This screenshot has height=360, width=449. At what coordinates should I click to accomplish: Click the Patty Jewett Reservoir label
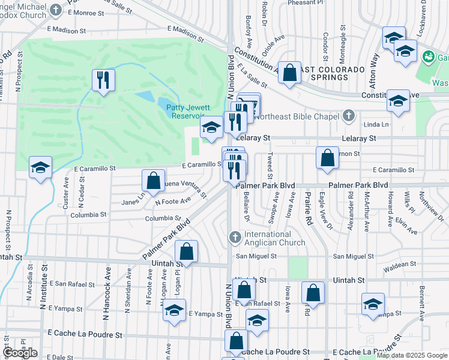(x=185, y=111)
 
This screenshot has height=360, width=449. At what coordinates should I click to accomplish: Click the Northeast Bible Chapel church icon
(x=348, y=116)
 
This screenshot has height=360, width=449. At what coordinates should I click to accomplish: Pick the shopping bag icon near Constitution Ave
(x=289, y=73)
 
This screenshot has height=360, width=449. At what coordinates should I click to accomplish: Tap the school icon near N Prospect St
(x=40, y=167)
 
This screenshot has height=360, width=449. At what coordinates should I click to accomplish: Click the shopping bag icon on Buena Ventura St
(x=154, y=181)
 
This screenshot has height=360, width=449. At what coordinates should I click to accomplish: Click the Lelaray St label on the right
(x=358, y=138)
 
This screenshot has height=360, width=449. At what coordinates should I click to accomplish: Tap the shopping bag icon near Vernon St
(x=328, y=158)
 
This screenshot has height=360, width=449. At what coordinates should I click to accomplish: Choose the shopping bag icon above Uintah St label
(x=186, y=251)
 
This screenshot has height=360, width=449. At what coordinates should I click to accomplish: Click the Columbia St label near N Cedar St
(x=88, y=214)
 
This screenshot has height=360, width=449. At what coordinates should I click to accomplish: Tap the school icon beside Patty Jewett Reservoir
(x=211, y=127)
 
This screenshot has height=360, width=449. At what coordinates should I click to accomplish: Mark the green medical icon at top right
(x=429, y=57)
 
